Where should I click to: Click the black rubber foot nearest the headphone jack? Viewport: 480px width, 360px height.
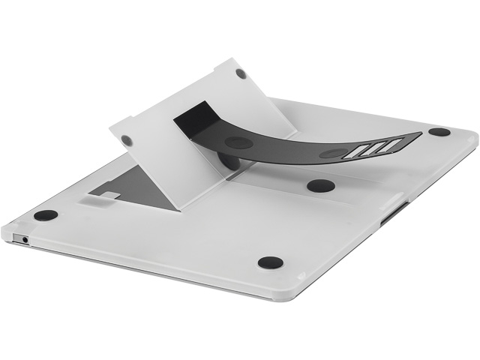[x=46, y=215]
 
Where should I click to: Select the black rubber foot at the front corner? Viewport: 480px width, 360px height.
[x=270, y=262]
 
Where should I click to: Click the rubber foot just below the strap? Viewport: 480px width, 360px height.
[x=320, y=186]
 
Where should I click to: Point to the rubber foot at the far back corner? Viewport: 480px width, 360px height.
[x=439, y=132]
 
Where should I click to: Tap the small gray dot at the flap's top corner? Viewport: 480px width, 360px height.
[x=241, y=73]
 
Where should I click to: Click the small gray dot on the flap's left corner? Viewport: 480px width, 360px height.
[x=127, y=140]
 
